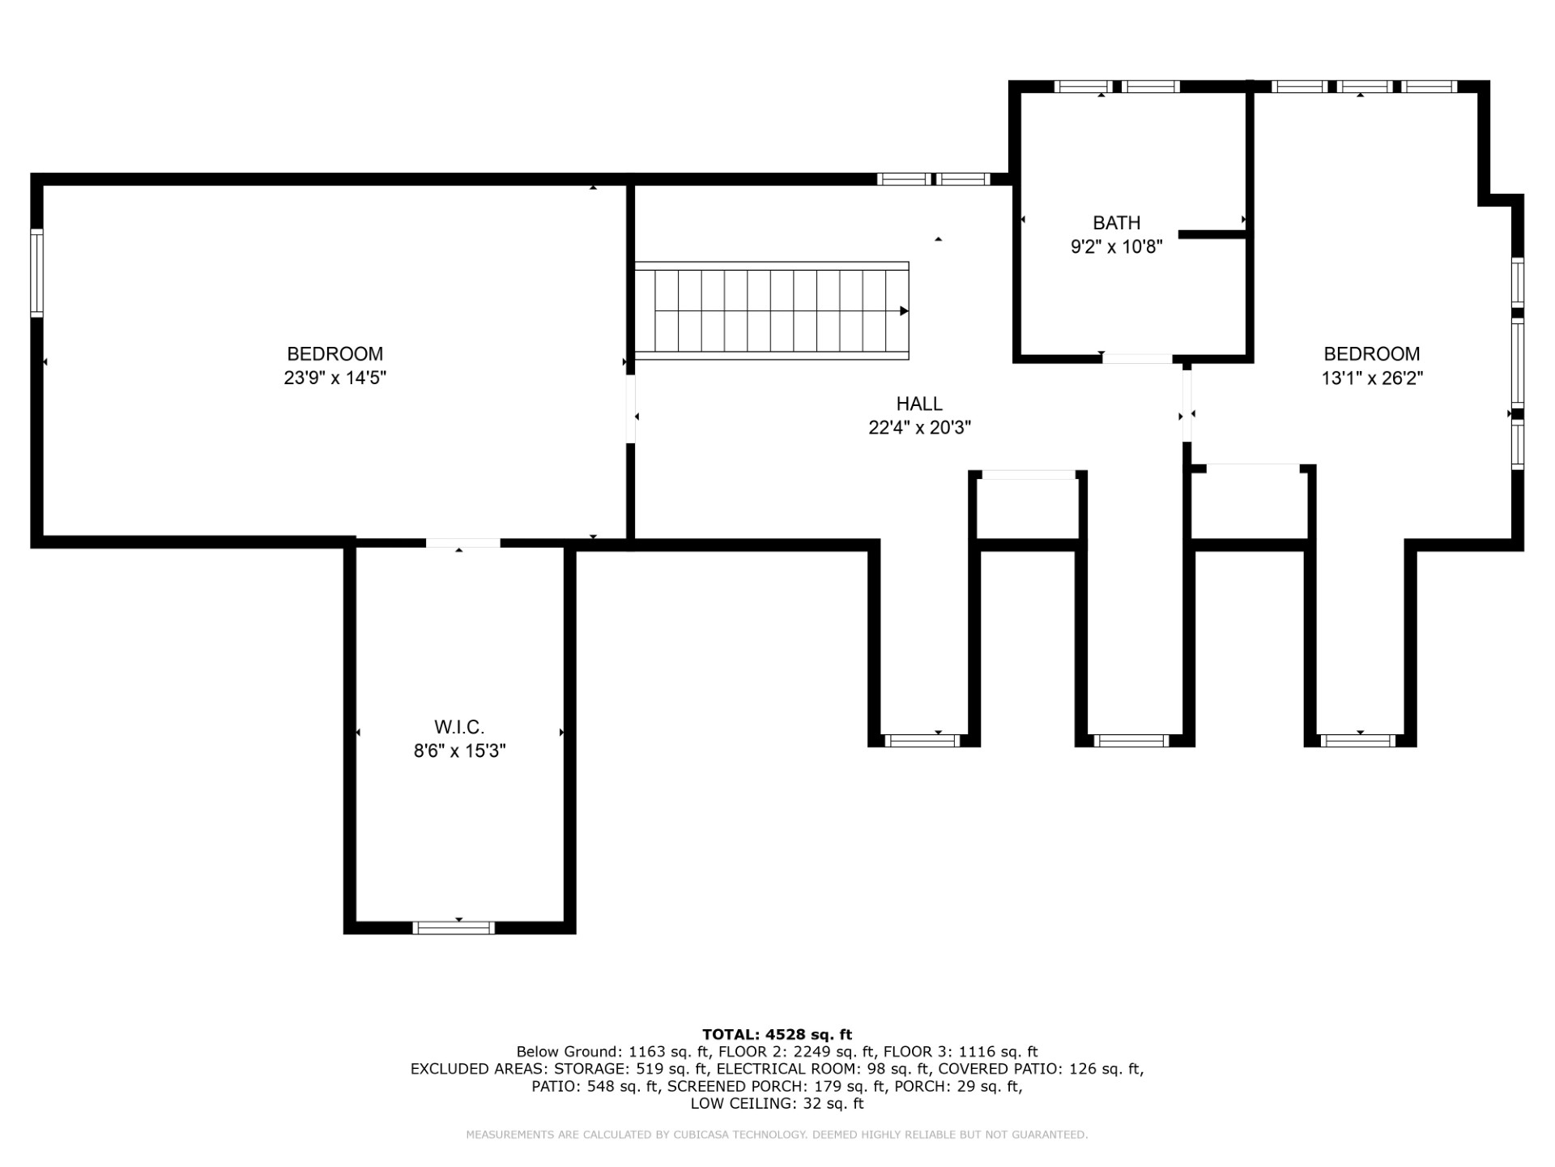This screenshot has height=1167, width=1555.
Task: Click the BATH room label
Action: [1116, 223]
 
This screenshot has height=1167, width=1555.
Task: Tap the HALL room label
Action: [919, 404]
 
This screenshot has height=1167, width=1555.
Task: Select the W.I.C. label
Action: [459, 727]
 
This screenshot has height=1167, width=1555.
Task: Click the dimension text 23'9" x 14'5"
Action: [334, 378]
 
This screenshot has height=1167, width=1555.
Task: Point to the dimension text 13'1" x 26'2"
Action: [1372, 378]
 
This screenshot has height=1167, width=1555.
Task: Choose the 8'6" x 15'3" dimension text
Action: [459, 751]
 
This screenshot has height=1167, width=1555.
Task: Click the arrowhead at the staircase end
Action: [904, 311]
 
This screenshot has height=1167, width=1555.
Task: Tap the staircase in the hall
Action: [771, 311]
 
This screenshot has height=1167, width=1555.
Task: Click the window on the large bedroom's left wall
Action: [36, 273]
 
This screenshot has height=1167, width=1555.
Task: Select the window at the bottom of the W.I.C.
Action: [454, 928]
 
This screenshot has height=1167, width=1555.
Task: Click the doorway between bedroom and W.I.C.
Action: [463, 543]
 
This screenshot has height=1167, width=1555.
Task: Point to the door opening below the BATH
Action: [1137, 358]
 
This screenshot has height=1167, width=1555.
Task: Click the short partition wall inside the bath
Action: [1212, 234]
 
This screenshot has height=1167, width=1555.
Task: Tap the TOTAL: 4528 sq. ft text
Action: [777, 1034]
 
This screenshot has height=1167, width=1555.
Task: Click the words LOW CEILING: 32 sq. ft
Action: [777, 1104]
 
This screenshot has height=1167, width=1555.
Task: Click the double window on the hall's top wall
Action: [934, 179]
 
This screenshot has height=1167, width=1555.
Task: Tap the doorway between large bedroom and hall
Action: [630, 408]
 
